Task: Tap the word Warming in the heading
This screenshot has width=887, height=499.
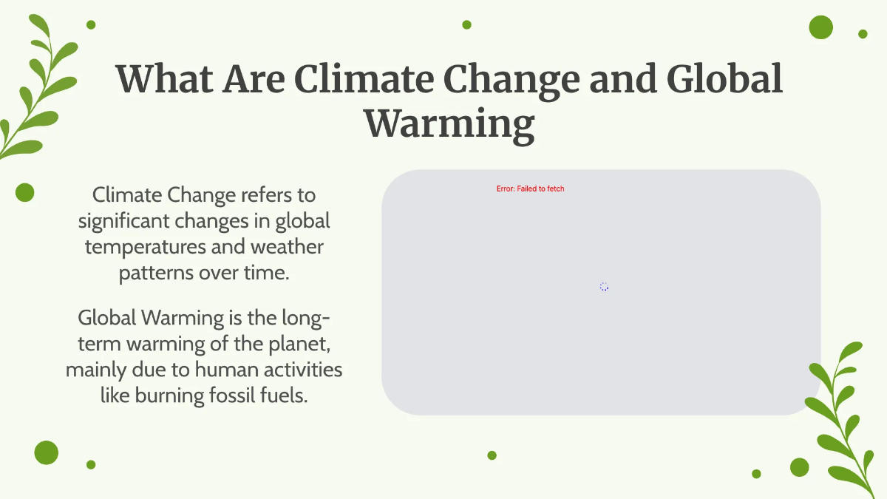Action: tap(449, 124)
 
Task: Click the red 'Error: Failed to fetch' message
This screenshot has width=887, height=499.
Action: tap(530, 189)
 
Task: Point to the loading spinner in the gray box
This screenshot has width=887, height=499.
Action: tap(604, 287)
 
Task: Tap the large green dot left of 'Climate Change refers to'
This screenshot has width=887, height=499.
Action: tap(25, 192)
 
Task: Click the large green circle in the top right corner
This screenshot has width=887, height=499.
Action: tap(820, 27)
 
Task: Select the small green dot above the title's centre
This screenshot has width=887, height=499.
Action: tap(466, 24)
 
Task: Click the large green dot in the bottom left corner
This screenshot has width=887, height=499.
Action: tap(46, 452)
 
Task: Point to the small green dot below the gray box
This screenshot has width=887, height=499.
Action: tap(492, 455)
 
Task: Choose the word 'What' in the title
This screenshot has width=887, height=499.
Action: tap(163, 79)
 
